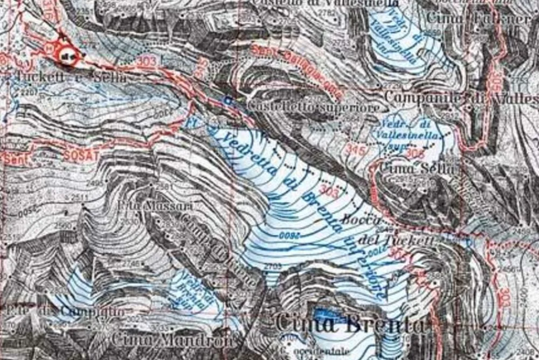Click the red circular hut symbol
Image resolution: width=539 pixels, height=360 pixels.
tap(67, 56)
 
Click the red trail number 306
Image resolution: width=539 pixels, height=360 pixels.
tap(414, 154)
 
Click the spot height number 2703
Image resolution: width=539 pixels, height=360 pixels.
tap(274, 266)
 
